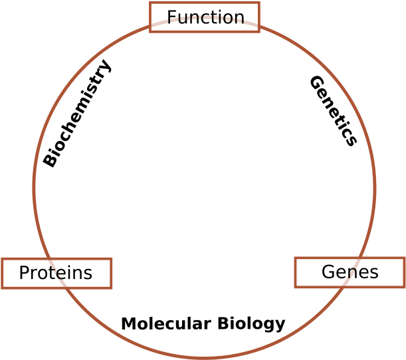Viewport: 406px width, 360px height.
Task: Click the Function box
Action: [x=205, y=17]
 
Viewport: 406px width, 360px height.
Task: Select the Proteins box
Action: [x=56, y=273]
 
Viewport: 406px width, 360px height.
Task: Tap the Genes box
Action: [x=350, y=272]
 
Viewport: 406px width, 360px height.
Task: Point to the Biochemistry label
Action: [x=77, y=114]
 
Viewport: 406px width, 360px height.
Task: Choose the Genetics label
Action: [x=333, y=110]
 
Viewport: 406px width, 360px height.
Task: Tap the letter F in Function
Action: [x=171, y=17]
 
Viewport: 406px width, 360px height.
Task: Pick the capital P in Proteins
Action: [x=24, y=273]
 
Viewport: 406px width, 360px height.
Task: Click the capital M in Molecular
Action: [x=128, y=324]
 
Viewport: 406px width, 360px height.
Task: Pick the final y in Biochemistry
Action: [x=106, y=66]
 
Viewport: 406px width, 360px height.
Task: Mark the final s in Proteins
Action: [x=88, y=274]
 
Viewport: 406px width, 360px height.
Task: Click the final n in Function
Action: [x=239, y=18]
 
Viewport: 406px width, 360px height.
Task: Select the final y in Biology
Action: [x=280, y=326]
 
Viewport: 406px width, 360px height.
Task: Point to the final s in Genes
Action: [x=374, y=273]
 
